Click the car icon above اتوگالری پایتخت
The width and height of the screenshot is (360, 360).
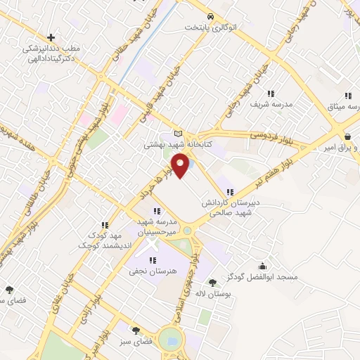coord(210,16)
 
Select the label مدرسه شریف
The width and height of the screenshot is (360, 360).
coord(270,103)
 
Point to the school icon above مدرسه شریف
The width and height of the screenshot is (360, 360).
coord(270,93)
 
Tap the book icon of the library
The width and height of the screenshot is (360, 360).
coord(177,134)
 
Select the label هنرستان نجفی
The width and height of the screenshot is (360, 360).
coord(153,270)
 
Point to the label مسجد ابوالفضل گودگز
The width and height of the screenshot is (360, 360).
coord(268,277)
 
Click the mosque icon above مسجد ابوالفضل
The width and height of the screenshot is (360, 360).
coord(263,266)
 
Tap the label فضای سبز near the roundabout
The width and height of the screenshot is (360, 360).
coord(136,340)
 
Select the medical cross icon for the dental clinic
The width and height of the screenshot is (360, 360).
coord(51,37)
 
